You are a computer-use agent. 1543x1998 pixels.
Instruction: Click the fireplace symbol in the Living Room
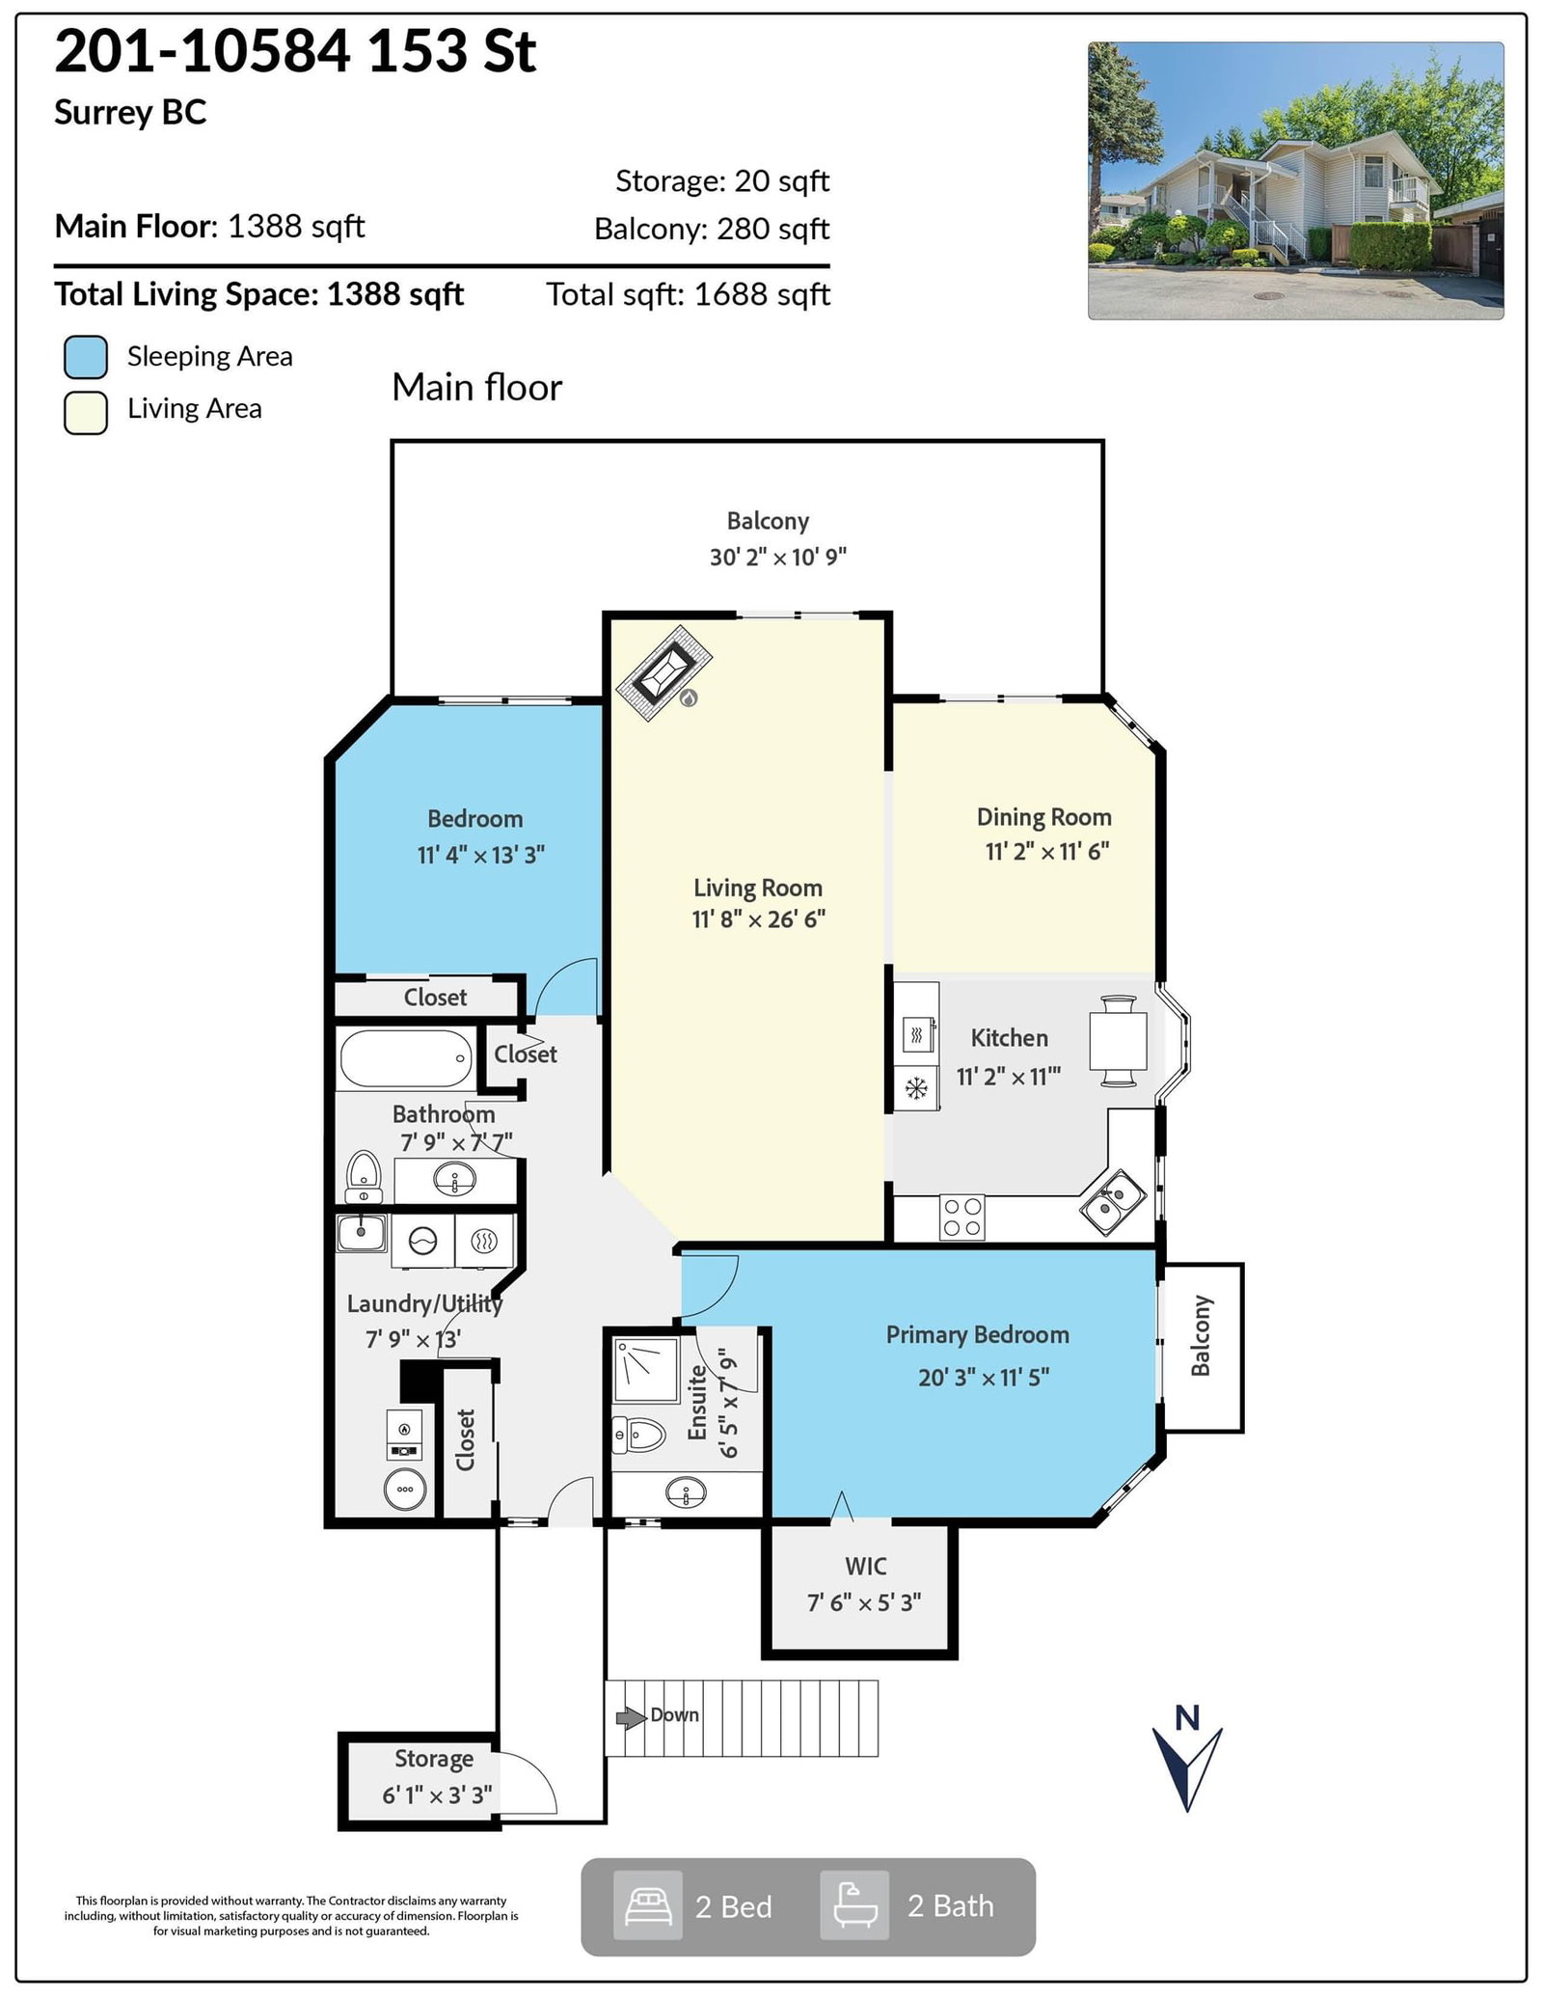click(664, 672)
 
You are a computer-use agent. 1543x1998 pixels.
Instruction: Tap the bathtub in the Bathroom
click(406, 1058)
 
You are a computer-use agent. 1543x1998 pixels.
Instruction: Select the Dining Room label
click(1043, 817)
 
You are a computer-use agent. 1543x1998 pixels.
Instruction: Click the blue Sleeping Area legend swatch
click(86, 357)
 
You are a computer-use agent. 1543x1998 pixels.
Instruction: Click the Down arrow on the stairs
click(631, 1716)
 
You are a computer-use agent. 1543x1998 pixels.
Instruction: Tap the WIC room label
click(865, 1566)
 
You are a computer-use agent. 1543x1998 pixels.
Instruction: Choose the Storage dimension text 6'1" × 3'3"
click(437, 1795)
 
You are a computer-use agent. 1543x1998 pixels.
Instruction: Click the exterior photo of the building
click(1295, 180)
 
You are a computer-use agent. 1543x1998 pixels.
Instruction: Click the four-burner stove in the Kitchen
click(961, 1218)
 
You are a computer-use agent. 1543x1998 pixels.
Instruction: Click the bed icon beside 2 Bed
click(648, 1906)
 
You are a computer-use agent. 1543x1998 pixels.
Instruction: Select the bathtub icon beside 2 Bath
click(854, 1906)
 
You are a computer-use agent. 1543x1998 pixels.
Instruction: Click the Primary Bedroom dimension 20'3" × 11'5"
click(984, 1377)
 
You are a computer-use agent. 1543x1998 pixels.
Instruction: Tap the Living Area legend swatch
click(86, 413)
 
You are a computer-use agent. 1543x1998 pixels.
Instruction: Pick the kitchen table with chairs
click(1118, 1041)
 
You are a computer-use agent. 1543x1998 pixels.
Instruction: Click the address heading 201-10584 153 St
click(295, 51)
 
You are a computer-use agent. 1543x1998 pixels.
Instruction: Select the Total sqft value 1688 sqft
click(762, 294)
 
